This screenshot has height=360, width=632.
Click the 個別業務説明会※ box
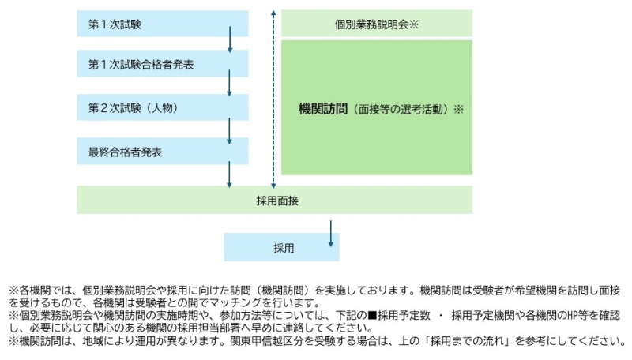377,24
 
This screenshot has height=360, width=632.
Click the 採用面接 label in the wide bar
273,200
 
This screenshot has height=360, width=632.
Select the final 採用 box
283,247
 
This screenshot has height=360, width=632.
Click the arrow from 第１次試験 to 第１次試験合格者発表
229,39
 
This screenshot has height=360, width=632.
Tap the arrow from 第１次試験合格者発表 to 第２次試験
229,81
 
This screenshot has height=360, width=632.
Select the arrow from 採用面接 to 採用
330,233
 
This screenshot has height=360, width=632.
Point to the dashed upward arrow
273,95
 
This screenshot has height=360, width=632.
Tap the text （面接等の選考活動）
401,108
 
